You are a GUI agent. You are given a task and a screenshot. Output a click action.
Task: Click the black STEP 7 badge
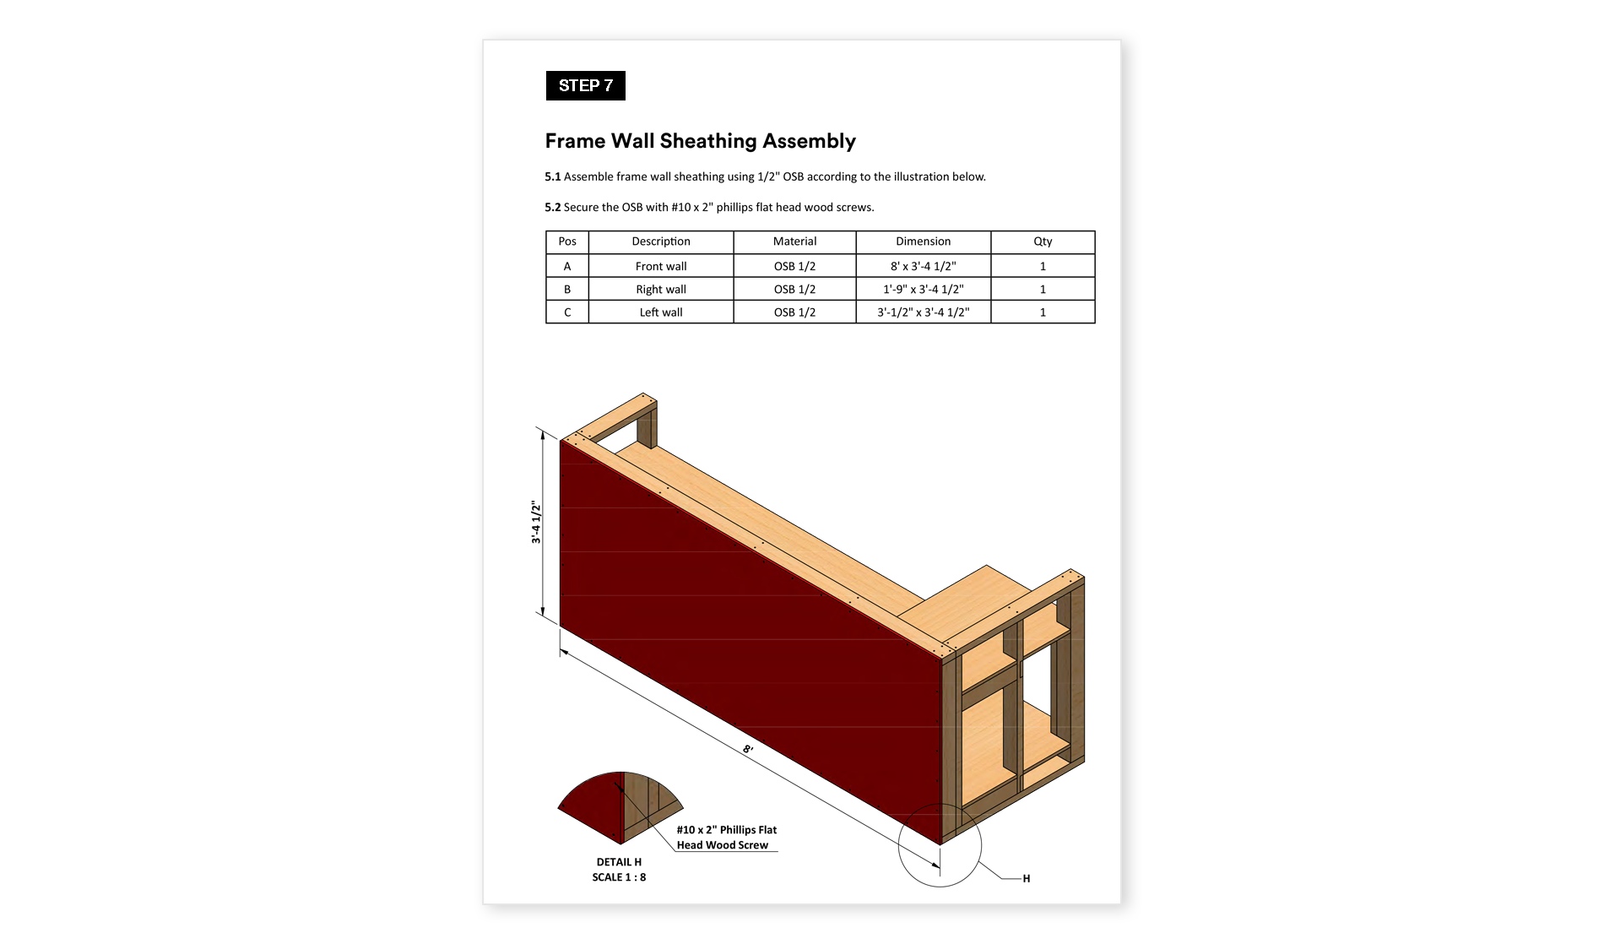(x=585, y=85)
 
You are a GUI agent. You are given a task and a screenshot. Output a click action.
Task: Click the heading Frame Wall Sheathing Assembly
(x=700, y=141)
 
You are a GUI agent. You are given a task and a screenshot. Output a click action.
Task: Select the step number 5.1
(x=552, y=176)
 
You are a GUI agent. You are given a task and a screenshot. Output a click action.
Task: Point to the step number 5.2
(x=552, y=207)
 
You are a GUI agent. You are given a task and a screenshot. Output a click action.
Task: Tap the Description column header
(x=660, y=241)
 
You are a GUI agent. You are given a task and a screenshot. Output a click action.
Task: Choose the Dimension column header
(x=923, y=241)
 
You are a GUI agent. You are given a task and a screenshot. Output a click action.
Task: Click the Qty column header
(x=1043, y=241)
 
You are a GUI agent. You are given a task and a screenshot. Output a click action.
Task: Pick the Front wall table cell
(x=660, y=266)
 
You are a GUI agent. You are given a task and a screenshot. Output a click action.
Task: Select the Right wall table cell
(x=660, y=289)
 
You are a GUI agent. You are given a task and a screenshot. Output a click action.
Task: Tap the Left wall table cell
(x=660, y=312)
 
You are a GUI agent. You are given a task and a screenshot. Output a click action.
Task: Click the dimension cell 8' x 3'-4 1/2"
(x=923, y=266)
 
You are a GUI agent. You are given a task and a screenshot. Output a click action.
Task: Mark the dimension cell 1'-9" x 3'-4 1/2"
(x=923, y=289)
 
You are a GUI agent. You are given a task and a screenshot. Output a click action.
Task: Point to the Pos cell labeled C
(x=567, y=312)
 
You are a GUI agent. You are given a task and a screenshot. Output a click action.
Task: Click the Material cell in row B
(x=794, y=289)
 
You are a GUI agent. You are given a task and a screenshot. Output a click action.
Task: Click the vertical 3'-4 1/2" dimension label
(x=535, y=522)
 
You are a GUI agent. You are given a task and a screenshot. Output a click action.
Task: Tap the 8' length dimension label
(x=748, y=750)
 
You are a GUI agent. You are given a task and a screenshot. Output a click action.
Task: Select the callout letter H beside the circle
(x=1027, y=879)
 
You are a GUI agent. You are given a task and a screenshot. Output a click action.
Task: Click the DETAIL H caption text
(x=619, y=862)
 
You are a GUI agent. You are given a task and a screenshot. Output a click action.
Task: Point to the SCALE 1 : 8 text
(x=619, y=877)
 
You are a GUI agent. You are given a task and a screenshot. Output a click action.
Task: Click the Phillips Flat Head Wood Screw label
(x=726, y=838)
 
